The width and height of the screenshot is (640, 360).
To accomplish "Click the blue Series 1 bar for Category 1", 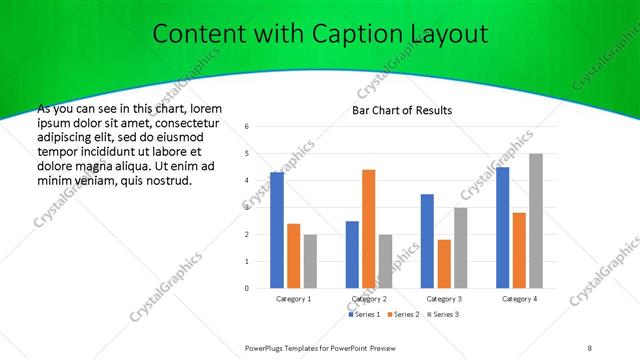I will coord(277,230).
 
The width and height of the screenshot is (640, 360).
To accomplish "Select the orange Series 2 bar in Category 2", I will coord(368,229).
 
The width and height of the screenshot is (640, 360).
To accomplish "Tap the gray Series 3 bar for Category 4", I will coord(536,221).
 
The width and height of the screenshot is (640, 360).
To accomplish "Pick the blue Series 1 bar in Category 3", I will coord(427,241).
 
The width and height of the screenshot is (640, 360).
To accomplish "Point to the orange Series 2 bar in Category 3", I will coord(444,264).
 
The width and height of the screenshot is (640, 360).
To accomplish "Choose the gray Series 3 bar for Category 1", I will coord(310,261).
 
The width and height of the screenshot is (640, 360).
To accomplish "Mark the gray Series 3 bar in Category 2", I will coord(385,261).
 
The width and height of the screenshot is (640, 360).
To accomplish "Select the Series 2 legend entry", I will coord(403,315).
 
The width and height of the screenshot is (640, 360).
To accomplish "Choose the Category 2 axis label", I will coord(368,299).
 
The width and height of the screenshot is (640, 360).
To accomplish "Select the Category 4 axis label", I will coord(519,299).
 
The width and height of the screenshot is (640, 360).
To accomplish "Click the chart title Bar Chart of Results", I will coord(402,110).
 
